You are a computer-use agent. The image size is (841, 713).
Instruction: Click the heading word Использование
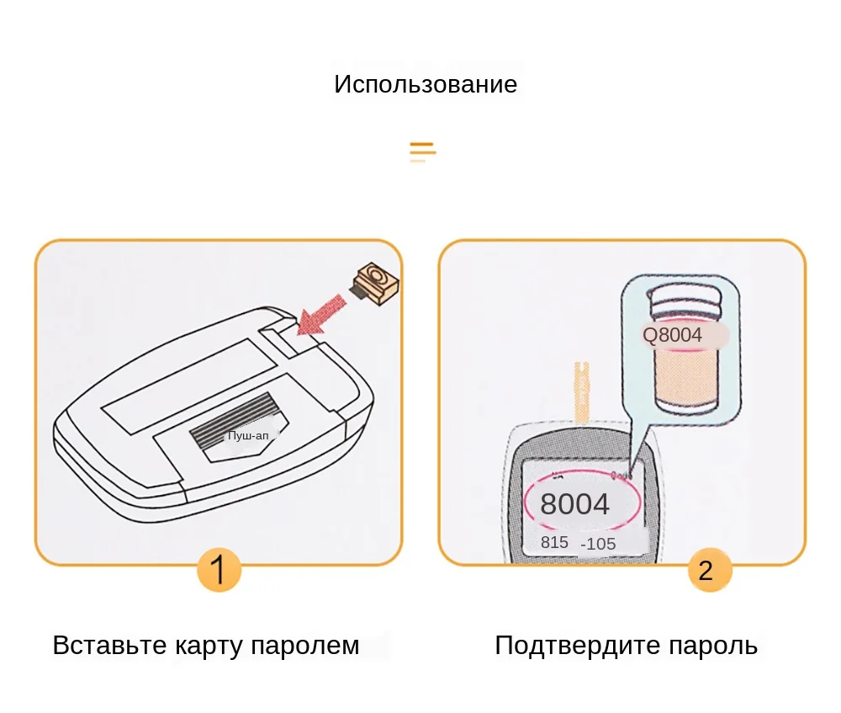click(426, 85)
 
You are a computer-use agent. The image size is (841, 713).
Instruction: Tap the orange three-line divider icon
click(422, 152)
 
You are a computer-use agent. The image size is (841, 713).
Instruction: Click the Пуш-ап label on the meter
click(249, 435)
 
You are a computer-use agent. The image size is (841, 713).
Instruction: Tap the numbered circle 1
click(219, 570)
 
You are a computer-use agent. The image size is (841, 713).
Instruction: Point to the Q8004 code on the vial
click(672, 335)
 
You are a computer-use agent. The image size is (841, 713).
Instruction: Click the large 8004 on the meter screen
click(574, 504)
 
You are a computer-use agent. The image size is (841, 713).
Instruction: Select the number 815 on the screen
click(554, 543)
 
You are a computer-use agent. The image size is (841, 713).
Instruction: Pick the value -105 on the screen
click(598, 544)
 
